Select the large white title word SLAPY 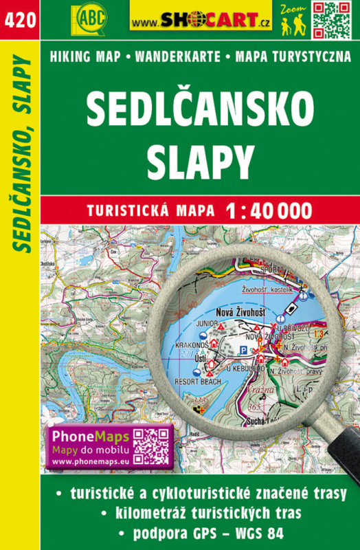(x=200, y=162)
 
